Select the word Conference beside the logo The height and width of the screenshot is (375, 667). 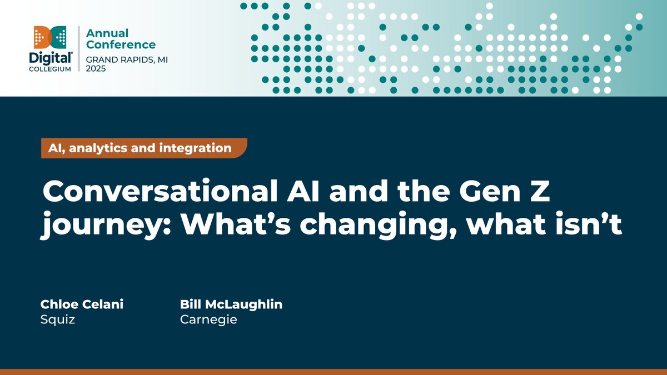121,44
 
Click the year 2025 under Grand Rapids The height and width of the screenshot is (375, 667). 96,69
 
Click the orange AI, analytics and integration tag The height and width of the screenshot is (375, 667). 143,148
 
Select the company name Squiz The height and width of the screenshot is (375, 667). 57,320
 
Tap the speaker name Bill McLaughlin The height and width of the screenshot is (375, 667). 231,304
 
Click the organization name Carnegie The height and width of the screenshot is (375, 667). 208,320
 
